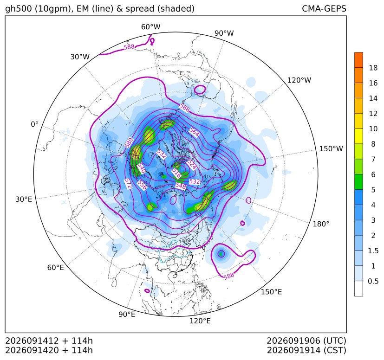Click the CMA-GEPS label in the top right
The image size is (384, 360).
pyautogui.click(x=324, y=8)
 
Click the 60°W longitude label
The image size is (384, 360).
pyautogui.click(x=150, y=27)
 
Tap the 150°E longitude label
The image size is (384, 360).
pyautogui.click(x=271, y=292)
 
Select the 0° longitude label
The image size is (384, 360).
pyautogui.click(x=34, y=124)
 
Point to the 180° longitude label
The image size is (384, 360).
pyautogui.click(x=321, y=224)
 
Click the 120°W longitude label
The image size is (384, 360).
pyautogui.click(x=299, y=80)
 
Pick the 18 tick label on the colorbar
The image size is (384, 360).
pyautogui.click(x=373, y=68)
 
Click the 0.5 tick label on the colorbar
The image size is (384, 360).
pyautogui.click(x=373, y=281)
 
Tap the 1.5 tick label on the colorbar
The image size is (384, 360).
pyautogui.click(x=373, y=251)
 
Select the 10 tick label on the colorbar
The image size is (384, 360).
pyautogui.click(x=373, y=129)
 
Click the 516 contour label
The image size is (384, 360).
pyautogui.click(x=176, y=173)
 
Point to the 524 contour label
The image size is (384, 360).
pyautogui.click(x=192, y=165)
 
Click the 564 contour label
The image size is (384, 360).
pyautogui.click(x=194, y=132)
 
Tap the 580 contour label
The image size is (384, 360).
pyautogui.click(x=129, y=143)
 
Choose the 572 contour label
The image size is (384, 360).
pyautogui.click(x=128, y=184)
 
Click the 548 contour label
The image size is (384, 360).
pyautogui.click(x=181, y=186)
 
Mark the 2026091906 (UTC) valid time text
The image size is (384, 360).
pyautogui.click(x=306, y=341)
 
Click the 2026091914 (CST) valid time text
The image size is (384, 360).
pyautogui.click(x=306, y=350)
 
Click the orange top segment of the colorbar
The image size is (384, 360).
pyautogui.click(x=358, y=60)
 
